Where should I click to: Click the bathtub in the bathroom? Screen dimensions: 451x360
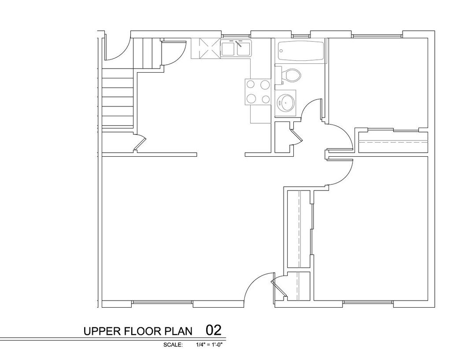click(302, 50)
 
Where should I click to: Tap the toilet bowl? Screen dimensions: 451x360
click(292, 75)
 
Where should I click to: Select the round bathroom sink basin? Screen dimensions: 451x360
click(285, 103)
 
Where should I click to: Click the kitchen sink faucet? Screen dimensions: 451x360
click(239, 44)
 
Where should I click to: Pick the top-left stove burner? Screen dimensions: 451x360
click(251, 84)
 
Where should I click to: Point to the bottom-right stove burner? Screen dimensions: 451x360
click(266, 99)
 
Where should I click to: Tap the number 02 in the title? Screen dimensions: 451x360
click(213, 330)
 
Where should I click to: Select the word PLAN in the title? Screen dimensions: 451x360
click(179, 331)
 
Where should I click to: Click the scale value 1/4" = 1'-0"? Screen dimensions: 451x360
click(210, 345)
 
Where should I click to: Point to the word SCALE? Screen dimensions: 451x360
click(173, 345)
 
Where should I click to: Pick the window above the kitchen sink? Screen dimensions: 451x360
click(236, 35)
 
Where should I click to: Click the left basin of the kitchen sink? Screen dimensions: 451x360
click(228, 49)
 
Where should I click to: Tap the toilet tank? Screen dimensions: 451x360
click(279, 75)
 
